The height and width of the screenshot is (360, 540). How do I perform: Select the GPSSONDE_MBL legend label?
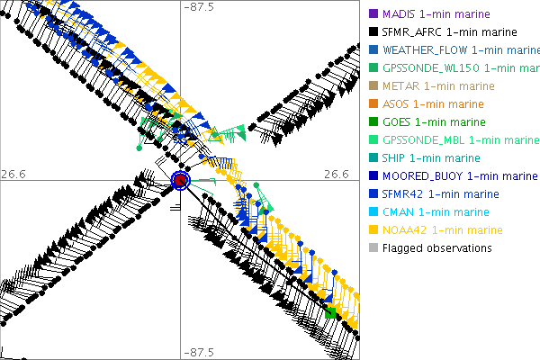[460, 139]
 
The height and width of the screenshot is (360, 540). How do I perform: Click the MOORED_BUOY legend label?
[459, 175]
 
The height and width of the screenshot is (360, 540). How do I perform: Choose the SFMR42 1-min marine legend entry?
[440, 193]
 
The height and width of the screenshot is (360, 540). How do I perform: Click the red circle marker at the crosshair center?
[181, 181]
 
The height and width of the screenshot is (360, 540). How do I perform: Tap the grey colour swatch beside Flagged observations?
[373, 247]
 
